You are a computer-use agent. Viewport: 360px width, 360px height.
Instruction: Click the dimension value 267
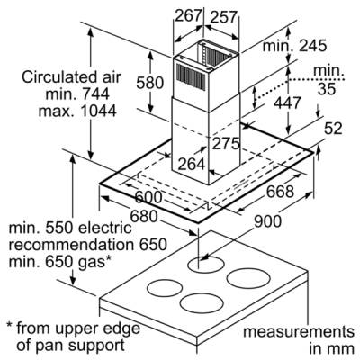[x=187, y=15]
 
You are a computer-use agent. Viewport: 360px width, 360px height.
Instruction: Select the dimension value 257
[x=224, y=17]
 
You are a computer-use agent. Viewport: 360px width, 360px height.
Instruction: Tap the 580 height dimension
[x=150, y=83]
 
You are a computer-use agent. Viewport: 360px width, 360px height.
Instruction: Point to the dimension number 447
[x=287, y=103]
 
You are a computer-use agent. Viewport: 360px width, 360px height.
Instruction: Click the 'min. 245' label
[x=294, y=46]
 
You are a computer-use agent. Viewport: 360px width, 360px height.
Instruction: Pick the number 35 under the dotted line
[x=327, y=89]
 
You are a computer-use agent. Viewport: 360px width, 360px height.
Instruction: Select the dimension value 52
[x=333, y=129]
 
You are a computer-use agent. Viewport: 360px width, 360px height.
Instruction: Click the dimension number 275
[x=226, y=143]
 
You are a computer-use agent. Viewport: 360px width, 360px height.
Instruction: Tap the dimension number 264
[x=192, y=164]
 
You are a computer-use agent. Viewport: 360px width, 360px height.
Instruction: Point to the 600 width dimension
[x=148, y=197]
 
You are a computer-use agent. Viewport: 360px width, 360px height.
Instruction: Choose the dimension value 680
[x=144, y=216]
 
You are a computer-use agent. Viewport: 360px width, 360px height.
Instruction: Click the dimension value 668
[x=280, y=191]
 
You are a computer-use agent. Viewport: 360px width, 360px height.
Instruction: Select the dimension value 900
[x=268, y=221]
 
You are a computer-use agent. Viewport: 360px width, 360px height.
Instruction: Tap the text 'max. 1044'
[x=77, y=112]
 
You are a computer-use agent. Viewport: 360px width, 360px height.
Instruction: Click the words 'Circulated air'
[x=71, y=77]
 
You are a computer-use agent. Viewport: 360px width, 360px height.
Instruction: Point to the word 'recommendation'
[x=71, y=245]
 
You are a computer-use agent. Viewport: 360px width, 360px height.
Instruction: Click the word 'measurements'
[x=299, y=332]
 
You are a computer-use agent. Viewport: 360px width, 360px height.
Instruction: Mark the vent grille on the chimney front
[x=191, y=77]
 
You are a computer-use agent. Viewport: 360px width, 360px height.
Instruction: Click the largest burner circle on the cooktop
[x=248, y=279]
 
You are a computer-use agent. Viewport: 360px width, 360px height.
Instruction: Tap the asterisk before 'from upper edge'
[x=10, y=326]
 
